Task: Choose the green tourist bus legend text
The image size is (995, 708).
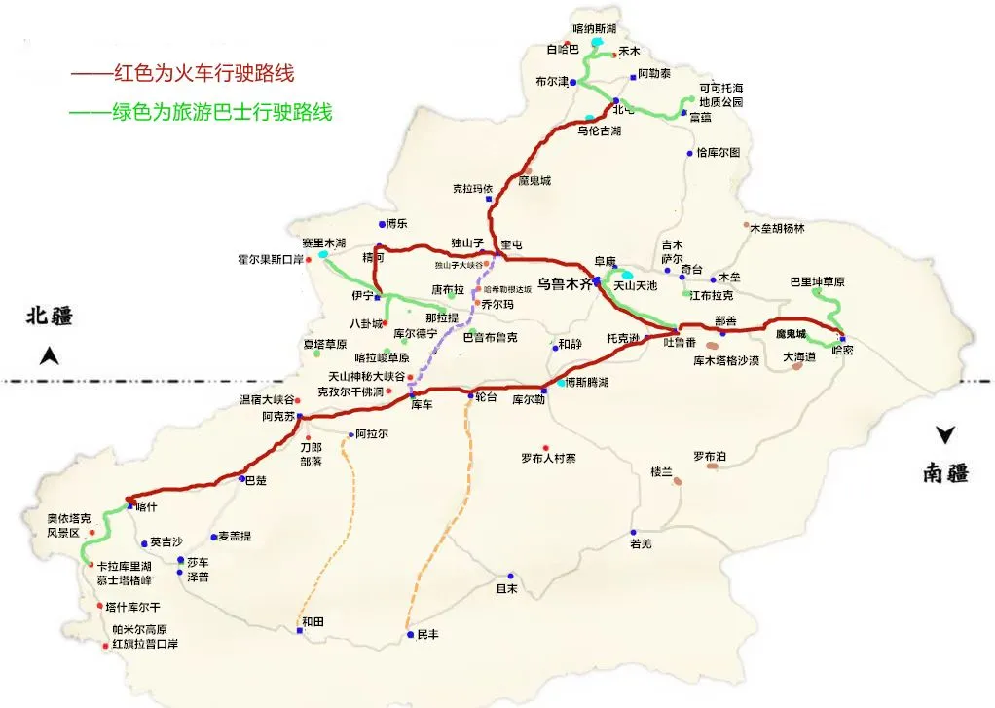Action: click(201, 112)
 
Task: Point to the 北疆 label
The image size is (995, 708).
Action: click(50, 316)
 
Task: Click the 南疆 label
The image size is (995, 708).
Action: click(945, 473)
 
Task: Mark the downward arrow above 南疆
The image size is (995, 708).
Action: click(943, 435)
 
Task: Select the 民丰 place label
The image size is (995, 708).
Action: click(428, 634)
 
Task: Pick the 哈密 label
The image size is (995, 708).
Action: click(842, 351)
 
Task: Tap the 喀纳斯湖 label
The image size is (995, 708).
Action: click(595, 29)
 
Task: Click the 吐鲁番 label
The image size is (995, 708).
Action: click(680, 342)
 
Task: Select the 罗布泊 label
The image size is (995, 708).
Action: click(710, 455)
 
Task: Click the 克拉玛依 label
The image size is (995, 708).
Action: click(473, 188)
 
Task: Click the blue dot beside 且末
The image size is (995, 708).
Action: click(511, 576)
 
